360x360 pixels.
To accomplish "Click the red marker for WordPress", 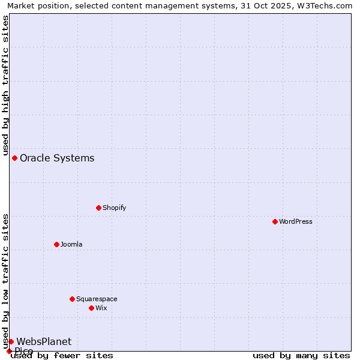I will point(275,221).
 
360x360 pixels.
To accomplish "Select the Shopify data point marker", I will point(99,208).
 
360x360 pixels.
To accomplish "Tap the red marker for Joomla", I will point(57,244).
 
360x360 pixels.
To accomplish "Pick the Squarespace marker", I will point(73,299).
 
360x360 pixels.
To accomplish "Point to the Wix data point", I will point(92,308).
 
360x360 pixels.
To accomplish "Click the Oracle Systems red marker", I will point(15,158).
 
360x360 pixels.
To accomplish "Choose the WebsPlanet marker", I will point(11,341).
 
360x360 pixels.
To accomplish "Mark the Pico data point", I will point(9,351).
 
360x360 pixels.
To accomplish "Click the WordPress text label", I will point(296,221).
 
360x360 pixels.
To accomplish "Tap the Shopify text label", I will point(115,208).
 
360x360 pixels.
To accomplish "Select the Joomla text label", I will point(71,244).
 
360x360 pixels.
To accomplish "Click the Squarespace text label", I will point(97,299).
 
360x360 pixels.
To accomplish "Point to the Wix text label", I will point(101,308).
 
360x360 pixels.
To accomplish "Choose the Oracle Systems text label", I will point(57,158).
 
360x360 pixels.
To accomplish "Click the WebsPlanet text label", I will point(44,341).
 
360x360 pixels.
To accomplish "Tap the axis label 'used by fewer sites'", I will point(62,355).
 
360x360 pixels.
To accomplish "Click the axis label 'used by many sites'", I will point(301,355).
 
